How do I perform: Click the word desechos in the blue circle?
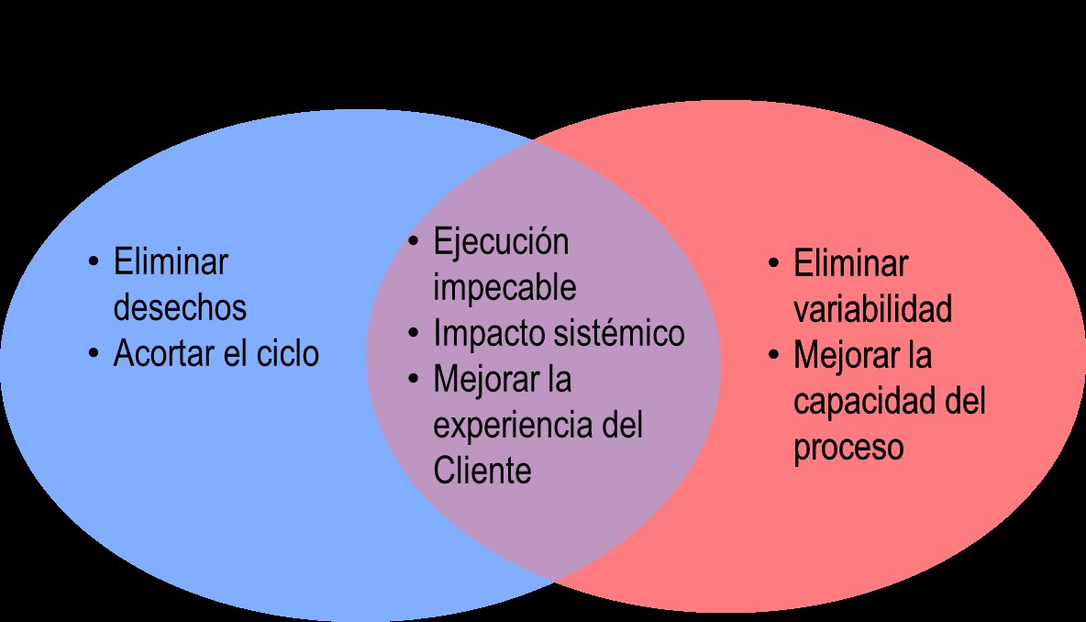tap(180, 308)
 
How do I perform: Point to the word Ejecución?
tap(501, 242)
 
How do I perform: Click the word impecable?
tap(504, 287)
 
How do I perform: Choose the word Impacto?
tap(489, 333)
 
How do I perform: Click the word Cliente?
tap(482, 471)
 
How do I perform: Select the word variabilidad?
tap(872, 310)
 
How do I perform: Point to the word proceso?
tap(848, 448)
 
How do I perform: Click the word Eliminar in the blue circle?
tap(171, 262)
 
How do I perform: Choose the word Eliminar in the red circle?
tap(850, 264)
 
